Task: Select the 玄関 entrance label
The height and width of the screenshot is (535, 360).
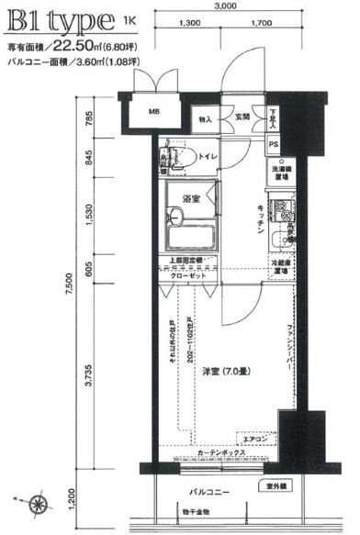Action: point(242,117)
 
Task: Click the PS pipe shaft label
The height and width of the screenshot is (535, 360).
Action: point(274,145)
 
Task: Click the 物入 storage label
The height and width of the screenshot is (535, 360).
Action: point(206,118)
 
